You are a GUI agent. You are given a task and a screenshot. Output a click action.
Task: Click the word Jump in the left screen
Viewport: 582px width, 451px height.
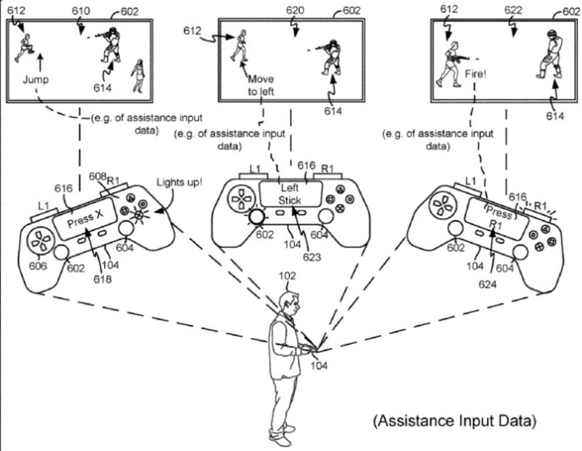(35, 80)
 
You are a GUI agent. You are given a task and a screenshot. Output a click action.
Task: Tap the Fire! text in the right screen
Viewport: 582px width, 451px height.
(475, 74)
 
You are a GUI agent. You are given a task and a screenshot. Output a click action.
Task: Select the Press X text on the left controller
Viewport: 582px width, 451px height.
(85, 219)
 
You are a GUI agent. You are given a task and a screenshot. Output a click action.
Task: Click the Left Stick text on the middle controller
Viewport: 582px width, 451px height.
(290, 194)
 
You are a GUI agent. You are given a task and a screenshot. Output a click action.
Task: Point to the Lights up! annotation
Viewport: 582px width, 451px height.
(179, 182)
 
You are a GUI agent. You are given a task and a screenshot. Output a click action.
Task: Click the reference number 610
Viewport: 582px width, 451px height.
(81, 11)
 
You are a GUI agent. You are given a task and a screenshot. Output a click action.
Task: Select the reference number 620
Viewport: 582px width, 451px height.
(295, 11)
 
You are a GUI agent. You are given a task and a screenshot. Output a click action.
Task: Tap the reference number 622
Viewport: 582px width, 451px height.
(513, 10)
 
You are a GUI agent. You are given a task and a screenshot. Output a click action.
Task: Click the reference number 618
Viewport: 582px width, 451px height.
(103, 279)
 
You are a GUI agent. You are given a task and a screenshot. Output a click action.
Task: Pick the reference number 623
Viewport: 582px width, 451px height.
(312, 257)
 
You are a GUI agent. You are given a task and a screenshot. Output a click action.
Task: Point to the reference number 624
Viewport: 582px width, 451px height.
(487, 284)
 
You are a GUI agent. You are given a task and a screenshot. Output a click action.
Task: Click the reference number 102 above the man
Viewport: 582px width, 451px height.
(287, 276)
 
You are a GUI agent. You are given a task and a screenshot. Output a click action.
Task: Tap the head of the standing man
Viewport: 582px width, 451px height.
(289, 303)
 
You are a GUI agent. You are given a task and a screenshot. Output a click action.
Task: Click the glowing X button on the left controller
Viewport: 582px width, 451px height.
(139, 214)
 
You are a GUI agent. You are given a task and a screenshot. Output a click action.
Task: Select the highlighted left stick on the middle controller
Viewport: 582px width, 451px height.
(257, 216)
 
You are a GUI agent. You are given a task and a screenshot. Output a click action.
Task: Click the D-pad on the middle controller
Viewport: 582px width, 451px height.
(240, 199)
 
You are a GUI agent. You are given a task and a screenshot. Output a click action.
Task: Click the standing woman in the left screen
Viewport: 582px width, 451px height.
(139, 76)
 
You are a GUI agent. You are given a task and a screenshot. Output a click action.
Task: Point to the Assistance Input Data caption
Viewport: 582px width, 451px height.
(455, 421)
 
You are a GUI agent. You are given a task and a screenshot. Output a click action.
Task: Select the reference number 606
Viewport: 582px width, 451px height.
(38, 266)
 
